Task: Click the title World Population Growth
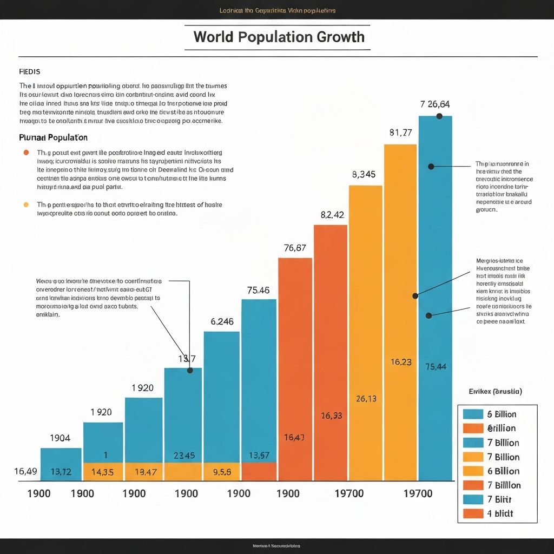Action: click(279, 37)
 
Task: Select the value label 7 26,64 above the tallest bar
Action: click(435, 104)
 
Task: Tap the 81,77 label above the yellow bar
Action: click(400, 132)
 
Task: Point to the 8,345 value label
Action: click(364, 174)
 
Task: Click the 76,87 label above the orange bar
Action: click(295, 248)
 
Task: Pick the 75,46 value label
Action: click(258, 290)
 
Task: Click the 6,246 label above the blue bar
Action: click(222, 321)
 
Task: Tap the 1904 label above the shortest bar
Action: click(60, 438)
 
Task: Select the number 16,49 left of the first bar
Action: click(25, 472)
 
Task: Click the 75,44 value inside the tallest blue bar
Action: click(436, 366)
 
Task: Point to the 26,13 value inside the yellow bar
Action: click(366, 399)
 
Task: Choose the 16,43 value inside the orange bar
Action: click(294, 437)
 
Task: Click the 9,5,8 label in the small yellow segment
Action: click(222, 472)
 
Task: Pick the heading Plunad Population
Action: click(53, 137)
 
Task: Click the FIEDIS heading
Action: click(29, 71)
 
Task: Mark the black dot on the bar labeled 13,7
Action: click(190, 371)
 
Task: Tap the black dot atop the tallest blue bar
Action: click(439, 116)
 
